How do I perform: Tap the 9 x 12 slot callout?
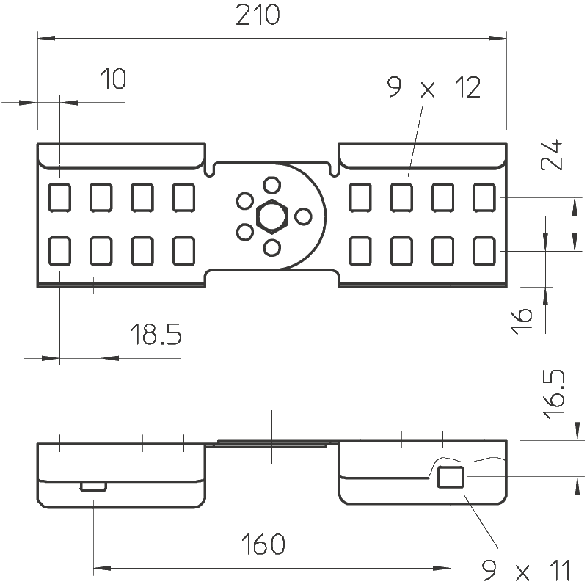(433, 89)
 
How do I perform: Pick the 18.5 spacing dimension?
(156, 335)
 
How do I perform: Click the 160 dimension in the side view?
(261, 545)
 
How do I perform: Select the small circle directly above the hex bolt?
(271, 184)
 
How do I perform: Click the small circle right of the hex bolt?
(302, 216)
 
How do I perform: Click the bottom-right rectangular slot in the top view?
(484, 251)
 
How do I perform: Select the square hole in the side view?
(450, 477)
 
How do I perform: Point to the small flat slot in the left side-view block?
(93, 486)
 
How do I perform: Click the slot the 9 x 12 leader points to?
(401, 196)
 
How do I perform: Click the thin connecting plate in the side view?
(271, 443)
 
